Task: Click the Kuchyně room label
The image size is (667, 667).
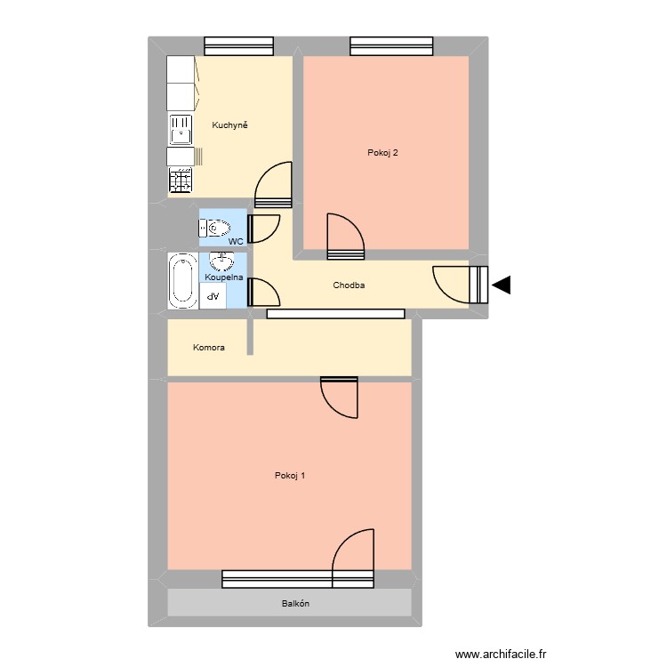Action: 229,125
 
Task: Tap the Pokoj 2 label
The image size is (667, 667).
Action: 382,153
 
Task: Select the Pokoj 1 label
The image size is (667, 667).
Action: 290,475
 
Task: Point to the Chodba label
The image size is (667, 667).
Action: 350,285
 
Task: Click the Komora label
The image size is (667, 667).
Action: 209,348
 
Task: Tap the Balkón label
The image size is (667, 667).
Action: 295,603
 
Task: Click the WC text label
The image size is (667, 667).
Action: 236,241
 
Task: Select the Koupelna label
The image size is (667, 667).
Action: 224,277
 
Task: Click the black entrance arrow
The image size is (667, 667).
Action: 502,285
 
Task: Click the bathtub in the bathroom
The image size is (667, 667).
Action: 183,281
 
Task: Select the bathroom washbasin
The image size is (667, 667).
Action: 221,261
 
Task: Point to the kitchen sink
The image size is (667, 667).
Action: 181,130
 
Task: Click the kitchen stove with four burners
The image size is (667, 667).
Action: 181,181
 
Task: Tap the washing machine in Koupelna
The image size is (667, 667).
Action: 213,296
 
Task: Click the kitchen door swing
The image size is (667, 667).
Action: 273,187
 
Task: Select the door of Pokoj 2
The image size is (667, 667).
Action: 345,237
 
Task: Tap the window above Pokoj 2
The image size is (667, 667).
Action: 391,45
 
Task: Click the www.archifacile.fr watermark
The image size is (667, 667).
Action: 502,655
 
